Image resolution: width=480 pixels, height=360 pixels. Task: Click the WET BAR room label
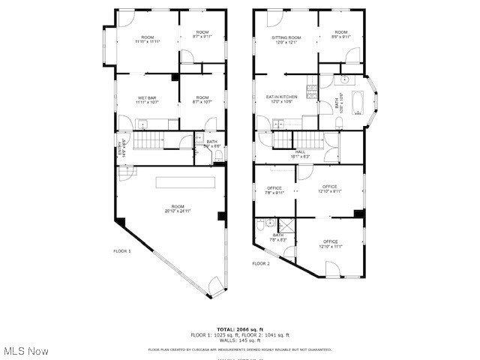pos(146,99)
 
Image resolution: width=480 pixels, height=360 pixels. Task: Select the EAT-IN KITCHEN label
pos(282,98)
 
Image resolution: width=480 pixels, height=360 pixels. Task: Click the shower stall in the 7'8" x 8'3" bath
pos(286,224)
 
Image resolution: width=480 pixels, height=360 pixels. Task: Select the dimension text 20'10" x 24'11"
pos(177,211)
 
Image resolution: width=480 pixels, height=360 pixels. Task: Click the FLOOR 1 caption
pos(122,251)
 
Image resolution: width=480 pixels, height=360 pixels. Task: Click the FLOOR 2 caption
pos(261,263)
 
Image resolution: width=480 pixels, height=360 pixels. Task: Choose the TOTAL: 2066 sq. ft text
pos(240,329)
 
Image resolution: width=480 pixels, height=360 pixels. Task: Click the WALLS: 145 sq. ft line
pos(240,340)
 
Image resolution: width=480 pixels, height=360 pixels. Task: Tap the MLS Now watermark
pos(27,350)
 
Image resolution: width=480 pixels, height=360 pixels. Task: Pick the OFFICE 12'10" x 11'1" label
pos(330,243)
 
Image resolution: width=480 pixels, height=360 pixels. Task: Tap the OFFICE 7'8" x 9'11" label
pos(274,190)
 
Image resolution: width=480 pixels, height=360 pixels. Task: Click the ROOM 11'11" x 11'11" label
pos(147,40)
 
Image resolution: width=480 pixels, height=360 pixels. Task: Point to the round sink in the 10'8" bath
pos(345,79)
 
